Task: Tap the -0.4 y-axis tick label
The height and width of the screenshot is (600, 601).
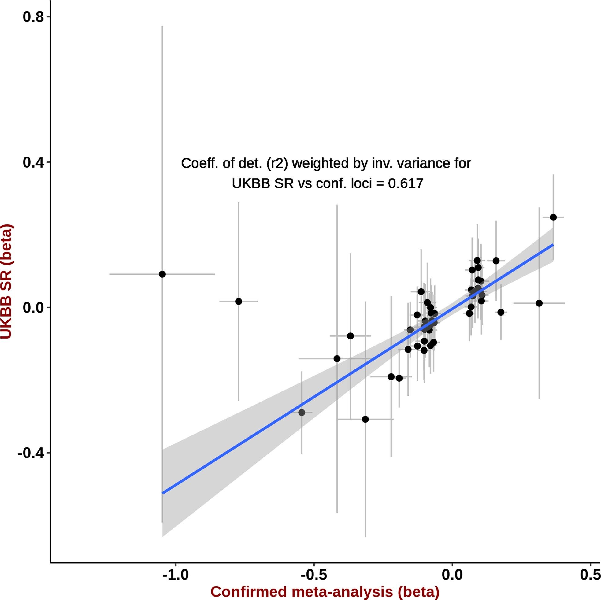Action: (30, 453)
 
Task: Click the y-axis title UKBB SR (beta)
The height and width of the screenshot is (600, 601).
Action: (6, 281)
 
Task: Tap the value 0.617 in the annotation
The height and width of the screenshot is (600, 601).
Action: (406, 183)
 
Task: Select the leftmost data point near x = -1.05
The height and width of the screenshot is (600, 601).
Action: (162, 274)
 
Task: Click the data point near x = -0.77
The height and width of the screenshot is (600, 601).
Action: (239, 302)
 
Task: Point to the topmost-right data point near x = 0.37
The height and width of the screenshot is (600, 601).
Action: (553, 217)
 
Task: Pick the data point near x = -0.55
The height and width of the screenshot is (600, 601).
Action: (302, 413)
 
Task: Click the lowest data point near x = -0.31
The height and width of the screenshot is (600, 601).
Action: (365, 419)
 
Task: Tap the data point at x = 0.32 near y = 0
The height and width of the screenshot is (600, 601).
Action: (539, 303)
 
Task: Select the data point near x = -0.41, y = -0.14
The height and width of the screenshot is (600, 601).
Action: (337, 359)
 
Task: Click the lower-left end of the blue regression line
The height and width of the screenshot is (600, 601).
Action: (163, 493)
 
